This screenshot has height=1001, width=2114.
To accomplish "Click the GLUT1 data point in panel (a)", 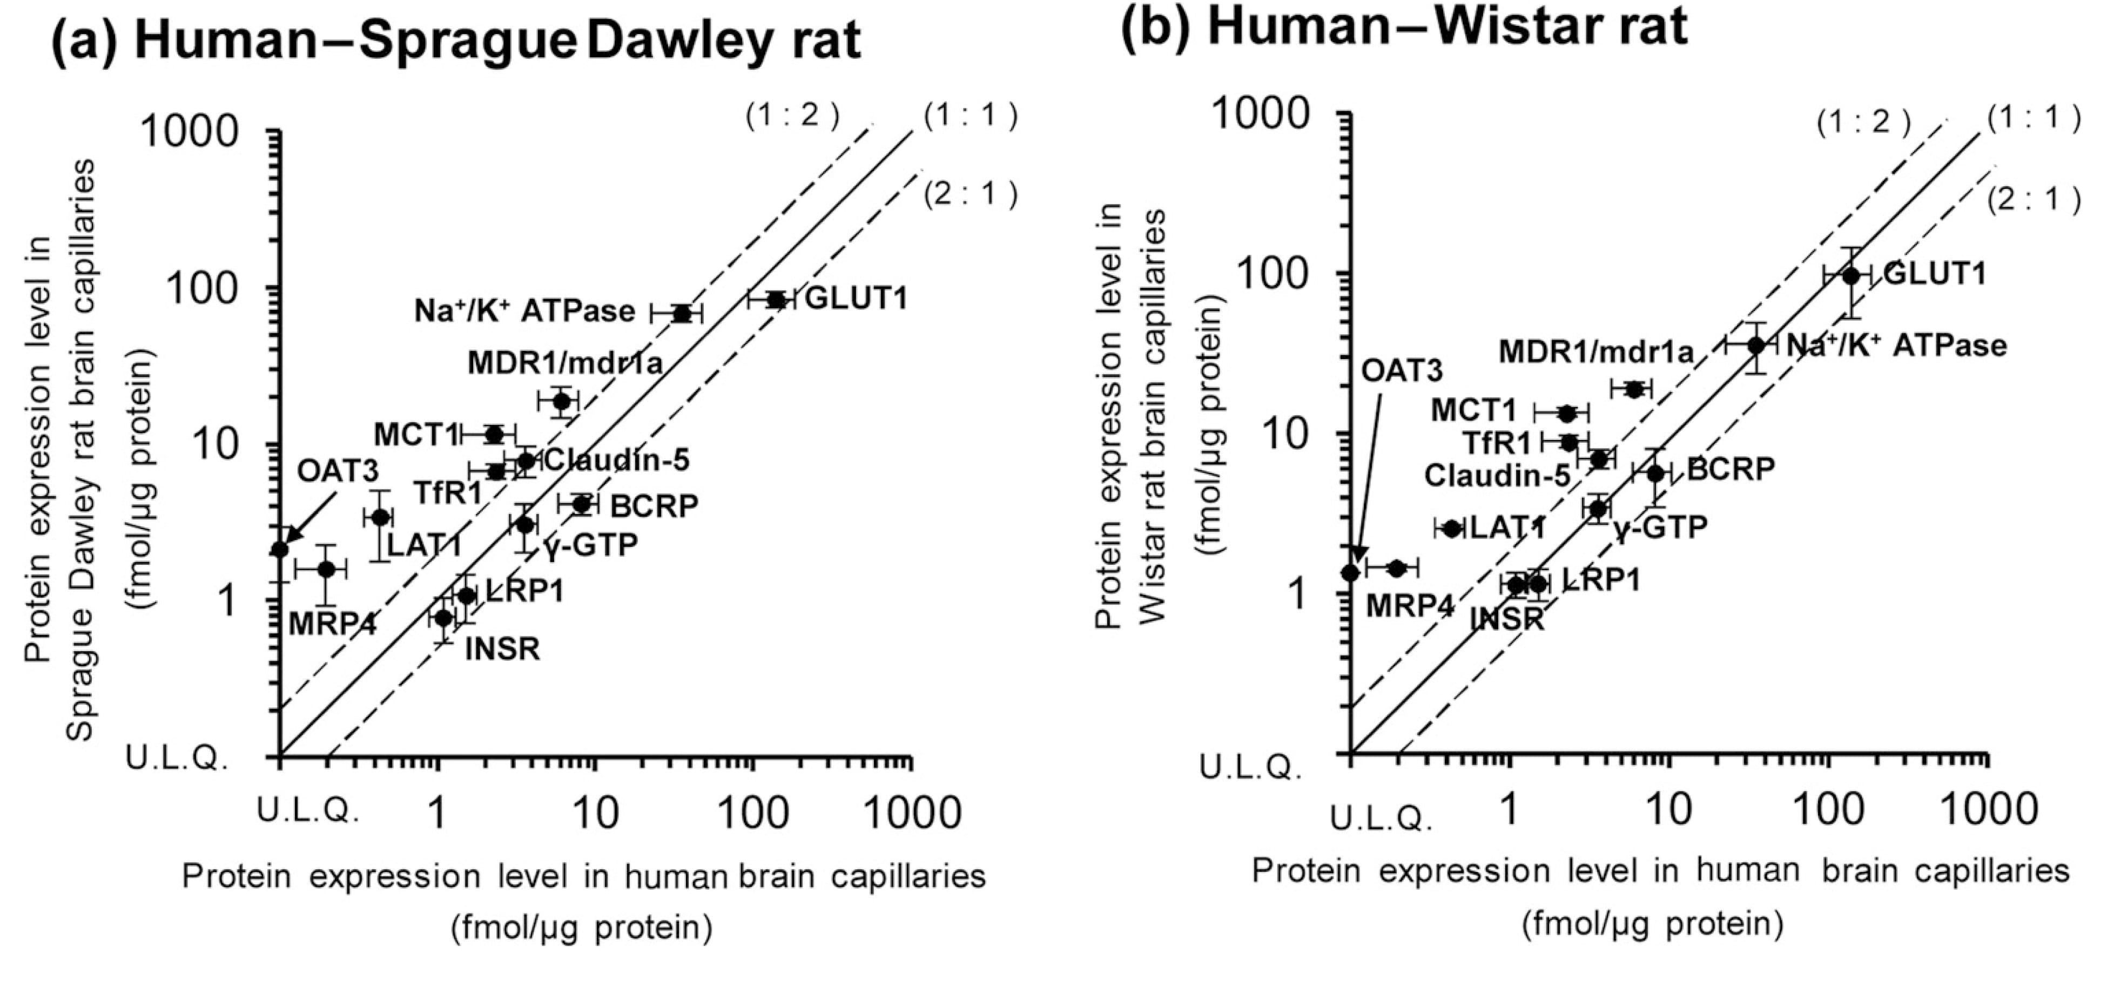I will pyautogui.click(x=776, y=300).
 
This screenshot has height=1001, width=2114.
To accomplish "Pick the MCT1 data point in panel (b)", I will pyautogui.click(x=1566, y=412).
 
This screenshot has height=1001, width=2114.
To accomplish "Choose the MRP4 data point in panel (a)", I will pyautogui.click(x=326, y=569).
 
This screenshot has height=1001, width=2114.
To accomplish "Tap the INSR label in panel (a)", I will pyautogui.click(x=502, y=649).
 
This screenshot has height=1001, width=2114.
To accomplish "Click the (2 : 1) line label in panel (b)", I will pyautogui.click(x=2035, y=199).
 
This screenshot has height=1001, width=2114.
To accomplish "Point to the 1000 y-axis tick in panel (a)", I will pyautogui.click(x=191, y=131).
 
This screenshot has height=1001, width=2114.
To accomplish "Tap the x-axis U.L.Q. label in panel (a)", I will pyautogui.click(x=308, y=810).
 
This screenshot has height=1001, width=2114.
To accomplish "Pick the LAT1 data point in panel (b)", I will pyautogui.click(x=1451, y=529).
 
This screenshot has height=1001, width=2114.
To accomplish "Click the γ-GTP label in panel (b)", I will pyautogui.click(x=1660, y=527).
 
